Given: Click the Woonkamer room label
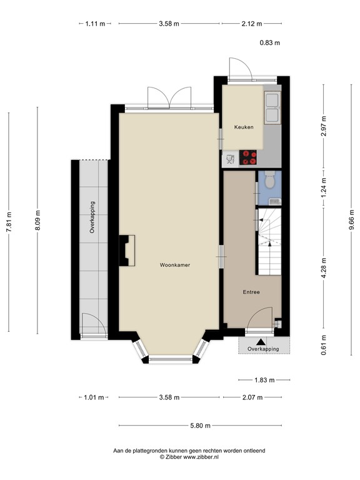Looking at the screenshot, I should click(174, 265).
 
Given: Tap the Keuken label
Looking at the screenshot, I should click(244, 127).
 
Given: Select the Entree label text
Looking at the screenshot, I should click(251, 292).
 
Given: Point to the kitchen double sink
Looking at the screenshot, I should click(272, 107).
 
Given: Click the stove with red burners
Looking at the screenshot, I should click(249, 157).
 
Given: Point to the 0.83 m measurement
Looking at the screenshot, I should click(270, 43).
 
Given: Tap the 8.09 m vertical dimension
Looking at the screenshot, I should click(37, 222).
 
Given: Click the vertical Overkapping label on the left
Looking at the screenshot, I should click(92, 217).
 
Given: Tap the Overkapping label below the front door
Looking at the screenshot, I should click(263, 349).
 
